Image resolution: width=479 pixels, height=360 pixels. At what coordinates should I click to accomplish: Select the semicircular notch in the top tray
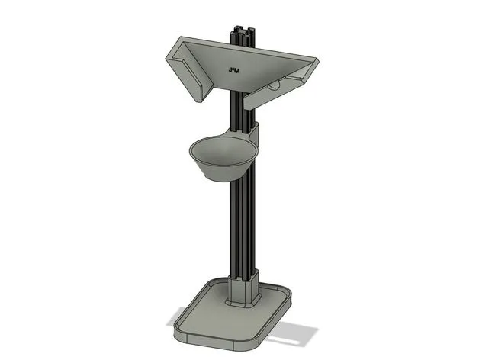point(274,87)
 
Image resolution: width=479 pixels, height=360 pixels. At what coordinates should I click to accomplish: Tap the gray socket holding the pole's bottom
point(243,290)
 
